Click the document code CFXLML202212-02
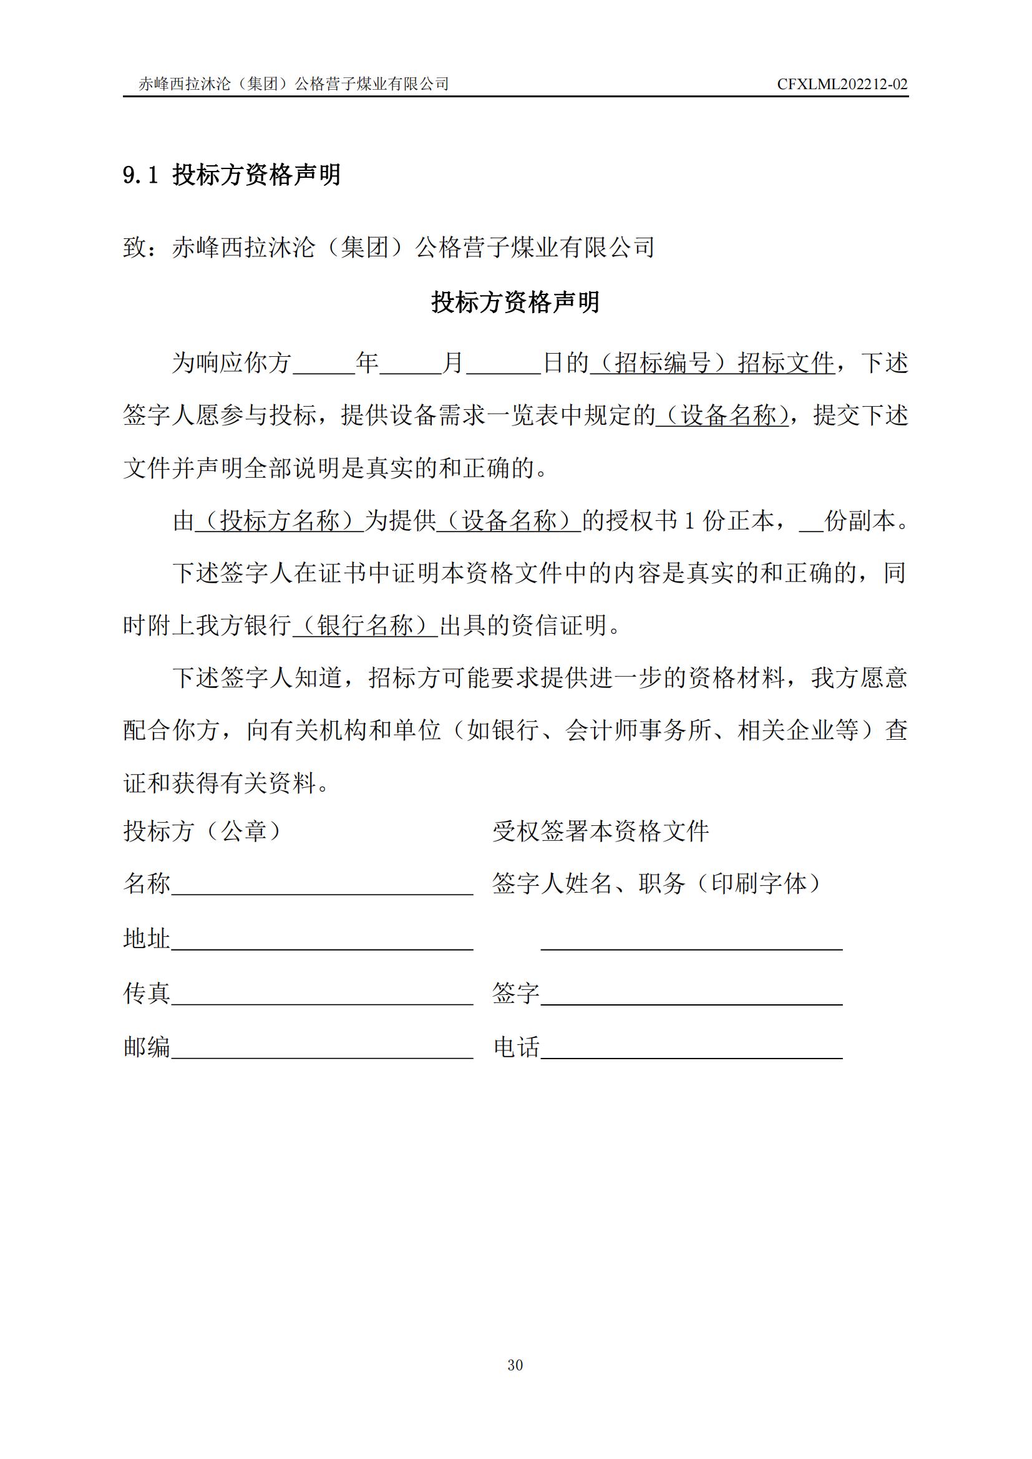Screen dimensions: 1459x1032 pyautogui.click(x=842, y=84)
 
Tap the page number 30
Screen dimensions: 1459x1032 pyautogui.click(x=515, y=1364)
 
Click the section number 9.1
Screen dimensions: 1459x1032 pyautogui.click(x=140, y=175)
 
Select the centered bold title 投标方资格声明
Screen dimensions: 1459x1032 pyautogui.click(x=515, y=302)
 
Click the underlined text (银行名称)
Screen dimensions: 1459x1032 pyautogui.click(x=366, y=625)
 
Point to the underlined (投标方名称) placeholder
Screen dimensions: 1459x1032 pyautogui.click(x=280, y=520)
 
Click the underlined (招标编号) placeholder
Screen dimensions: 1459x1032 pyautogui.click(x=661, y=363)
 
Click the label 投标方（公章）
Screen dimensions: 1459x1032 pyautogui.click(x=202, y=830)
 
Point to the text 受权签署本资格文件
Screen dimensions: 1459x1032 pyautogui.click(x=600, y=830)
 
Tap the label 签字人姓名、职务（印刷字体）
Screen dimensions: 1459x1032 pyautogui.click(x=656, y=883)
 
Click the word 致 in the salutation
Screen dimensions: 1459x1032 pyautogui.click(x=135, y=247)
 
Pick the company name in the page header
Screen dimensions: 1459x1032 pyautogui.click(x=294, y=84)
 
